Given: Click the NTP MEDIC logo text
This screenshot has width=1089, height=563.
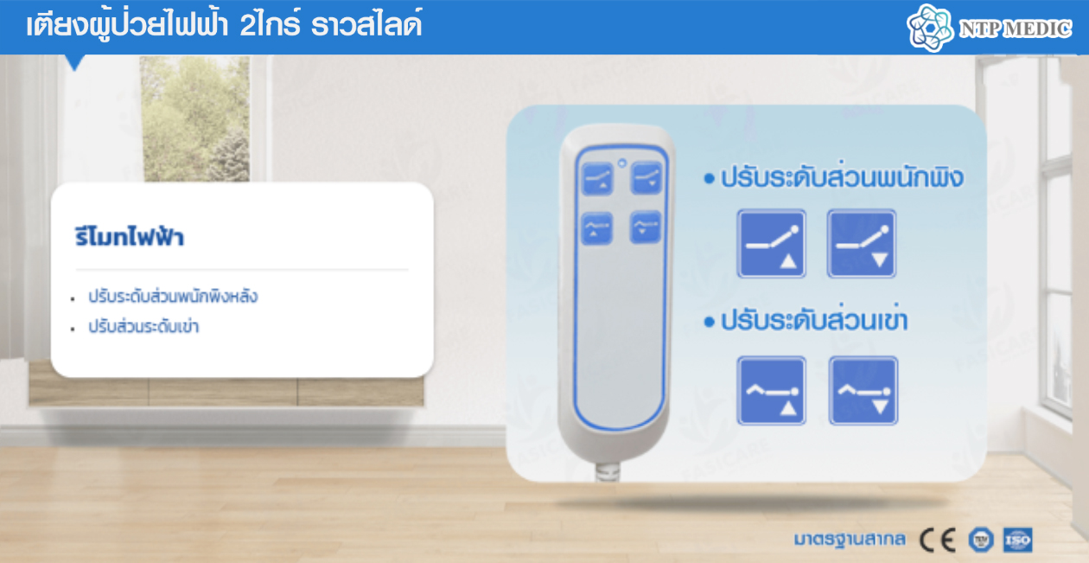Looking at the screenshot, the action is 1015,29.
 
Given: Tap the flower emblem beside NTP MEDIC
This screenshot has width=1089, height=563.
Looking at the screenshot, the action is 930,28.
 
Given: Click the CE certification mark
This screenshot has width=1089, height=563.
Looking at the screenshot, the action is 937,541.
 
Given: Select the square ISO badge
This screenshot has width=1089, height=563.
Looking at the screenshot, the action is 1017,541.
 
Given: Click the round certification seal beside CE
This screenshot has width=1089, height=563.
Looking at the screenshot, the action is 981,541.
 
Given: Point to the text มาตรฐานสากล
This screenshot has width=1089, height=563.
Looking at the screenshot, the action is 850,540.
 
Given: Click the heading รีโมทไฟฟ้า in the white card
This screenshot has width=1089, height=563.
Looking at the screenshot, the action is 130,237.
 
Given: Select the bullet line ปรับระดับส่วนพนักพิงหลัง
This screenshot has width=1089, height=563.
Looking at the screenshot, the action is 173,296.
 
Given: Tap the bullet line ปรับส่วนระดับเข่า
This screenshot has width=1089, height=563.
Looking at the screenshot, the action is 143,326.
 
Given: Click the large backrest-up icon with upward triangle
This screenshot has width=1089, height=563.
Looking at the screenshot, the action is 772,244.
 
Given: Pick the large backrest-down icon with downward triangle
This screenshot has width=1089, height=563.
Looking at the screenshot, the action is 862,244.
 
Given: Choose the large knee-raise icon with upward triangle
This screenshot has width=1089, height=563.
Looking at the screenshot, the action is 772,391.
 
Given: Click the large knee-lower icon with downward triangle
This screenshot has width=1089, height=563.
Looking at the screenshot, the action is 863,391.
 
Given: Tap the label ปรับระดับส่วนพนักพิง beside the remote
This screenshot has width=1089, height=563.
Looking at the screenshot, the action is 842,177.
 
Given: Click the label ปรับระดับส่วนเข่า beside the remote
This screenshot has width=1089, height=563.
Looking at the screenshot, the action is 814,320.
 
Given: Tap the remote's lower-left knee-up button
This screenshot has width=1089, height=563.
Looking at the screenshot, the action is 597,228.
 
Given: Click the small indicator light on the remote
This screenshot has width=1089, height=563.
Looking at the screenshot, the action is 621,163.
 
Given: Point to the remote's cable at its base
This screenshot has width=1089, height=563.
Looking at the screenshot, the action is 608,471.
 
